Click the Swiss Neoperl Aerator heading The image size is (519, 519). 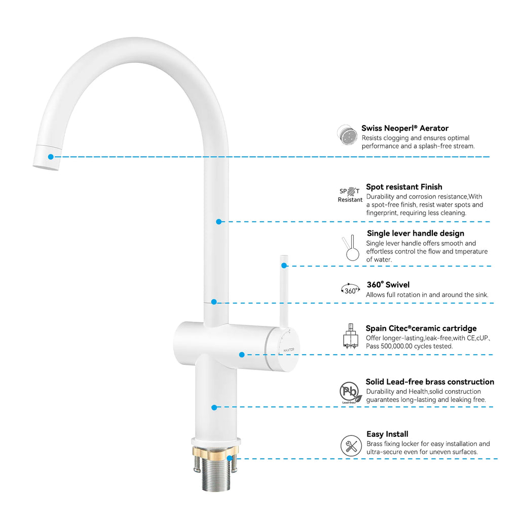[404, 128]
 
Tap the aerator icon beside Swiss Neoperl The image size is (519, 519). [347, 134]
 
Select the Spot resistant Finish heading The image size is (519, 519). [404, 187]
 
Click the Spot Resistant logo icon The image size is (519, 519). [350, 195]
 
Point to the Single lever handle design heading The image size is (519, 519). [415, 234]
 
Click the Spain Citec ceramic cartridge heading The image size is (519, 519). [421, 328]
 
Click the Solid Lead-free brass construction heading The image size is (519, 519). [429, 382]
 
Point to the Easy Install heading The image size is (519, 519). [387, 434]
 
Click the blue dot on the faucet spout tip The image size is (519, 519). [51, 157]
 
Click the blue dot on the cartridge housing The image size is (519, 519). [242, 355]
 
